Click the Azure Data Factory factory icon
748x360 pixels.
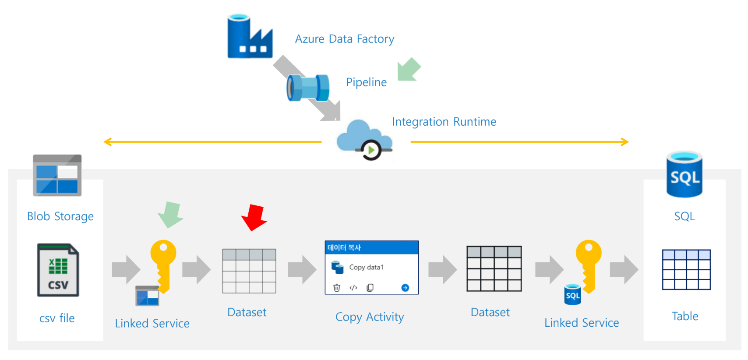[250, 37]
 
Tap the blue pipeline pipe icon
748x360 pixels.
[308, 88]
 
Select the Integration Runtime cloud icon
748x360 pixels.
[364, 139]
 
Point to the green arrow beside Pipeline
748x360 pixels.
[409, 70]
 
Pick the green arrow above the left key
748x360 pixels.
[170, 215]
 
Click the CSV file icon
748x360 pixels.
[58, 270]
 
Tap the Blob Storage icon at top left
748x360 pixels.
[57, 175]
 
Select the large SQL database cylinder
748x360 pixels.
[684, 174]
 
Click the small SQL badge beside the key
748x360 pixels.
[572, 295]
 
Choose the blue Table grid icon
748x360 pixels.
[686, 270]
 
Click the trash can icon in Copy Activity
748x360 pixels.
[337, 288]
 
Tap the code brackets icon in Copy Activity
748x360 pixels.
[353, 288]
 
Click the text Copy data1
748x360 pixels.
[366, 267]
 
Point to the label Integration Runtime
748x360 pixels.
[444, 122]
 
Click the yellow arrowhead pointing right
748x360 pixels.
[625, 142]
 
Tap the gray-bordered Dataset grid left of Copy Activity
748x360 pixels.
[249, 271]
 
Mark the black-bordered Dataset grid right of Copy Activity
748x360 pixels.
[494, 269]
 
